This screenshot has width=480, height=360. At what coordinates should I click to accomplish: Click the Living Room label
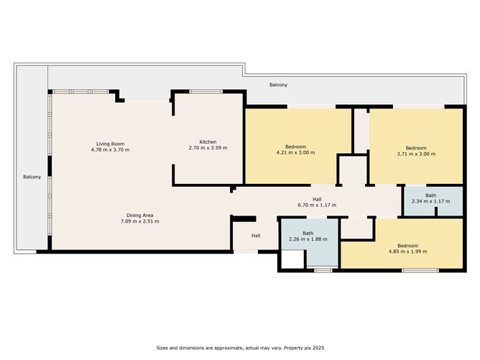pyautogui.click(x=110, y=144)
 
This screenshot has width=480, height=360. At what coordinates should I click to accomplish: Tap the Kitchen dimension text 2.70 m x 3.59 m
pyautogui.click(x=208, y=148)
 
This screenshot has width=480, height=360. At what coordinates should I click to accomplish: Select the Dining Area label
pyautogui.click(x=140, y=216)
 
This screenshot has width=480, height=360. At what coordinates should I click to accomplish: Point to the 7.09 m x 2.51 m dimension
pyautogui.click(x=140, y=221)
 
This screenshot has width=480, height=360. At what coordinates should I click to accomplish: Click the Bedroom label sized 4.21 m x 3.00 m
pyautogui.click(x=295, y=147)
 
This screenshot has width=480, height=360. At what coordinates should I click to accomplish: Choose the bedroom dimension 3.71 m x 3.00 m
pyautogui.click(x=416, y=154)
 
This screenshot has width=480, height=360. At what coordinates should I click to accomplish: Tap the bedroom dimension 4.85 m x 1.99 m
pyautogui.click(x=407, y=251)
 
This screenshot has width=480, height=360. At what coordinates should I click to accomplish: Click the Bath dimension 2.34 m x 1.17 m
pyautogui.click(x=430, y=201)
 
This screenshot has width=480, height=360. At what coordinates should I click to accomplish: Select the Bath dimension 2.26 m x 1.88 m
pyautogui.click(x=308, y=239)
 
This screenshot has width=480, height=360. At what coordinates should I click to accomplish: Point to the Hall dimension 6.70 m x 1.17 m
pyautogui.click(x=317, y=205)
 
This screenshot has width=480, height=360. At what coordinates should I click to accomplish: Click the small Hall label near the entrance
pyautogui.click(x=256, y=236)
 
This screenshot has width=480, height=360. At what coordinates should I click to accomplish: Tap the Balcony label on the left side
pyautogui.click(x=32, y=177)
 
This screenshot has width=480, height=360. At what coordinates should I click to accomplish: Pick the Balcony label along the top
pyautogui.click(x=278, y=85)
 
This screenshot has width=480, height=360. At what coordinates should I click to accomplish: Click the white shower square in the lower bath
pyautogui.click(x=292, y=259)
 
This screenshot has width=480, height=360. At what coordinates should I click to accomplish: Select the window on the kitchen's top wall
pyautogui.click(x=206, y=91)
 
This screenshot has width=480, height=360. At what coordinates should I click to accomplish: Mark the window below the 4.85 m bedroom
pyautogui.click(x=420, y=271)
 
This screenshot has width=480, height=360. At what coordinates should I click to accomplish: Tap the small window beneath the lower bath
pyautogui.click(x=323, y=271)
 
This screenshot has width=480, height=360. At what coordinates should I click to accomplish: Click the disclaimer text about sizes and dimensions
pyautogui.click(x=240, y=348)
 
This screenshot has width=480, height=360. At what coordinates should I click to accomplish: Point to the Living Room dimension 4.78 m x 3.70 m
pyautogui.click(x=110, y=150)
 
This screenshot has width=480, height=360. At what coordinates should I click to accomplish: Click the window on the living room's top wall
pyautogui.click(x=80, y=91)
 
